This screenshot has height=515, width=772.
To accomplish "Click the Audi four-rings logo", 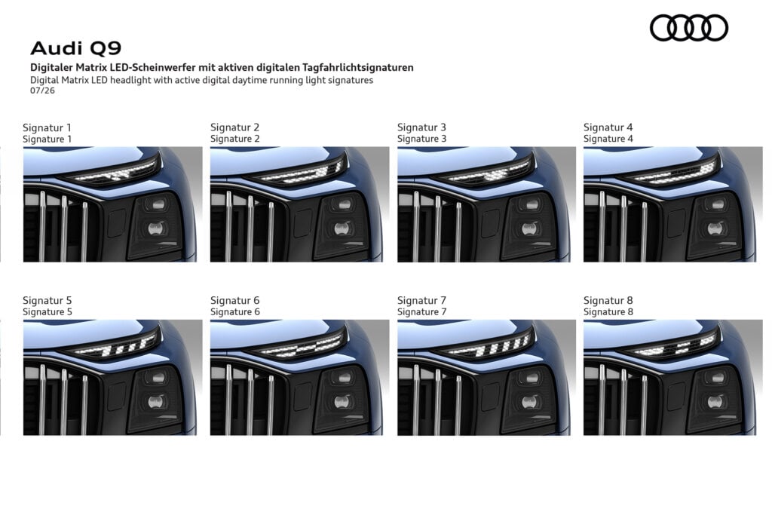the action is point(689,28).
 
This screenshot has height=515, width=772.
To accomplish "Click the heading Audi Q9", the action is point(76,48).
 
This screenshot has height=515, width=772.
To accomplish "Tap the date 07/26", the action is point(42,90).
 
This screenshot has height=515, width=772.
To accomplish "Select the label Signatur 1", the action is point(47,127).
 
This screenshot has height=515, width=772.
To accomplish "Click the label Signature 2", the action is point(235,139).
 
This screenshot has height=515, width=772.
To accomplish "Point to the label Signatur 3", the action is point(421,127).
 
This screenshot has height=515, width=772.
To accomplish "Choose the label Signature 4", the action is point(608,139).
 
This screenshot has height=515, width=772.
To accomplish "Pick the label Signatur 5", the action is point(47,300).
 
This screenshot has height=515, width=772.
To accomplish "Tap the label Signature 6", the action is point(235,311).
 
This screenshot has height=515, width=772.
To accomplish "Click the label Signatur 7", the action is point(421,300).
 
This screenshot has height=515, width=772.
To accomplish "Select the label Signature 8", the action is point(608,311).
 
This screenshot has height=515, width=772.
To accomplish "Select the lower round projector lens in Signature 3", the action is point(528,228).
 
